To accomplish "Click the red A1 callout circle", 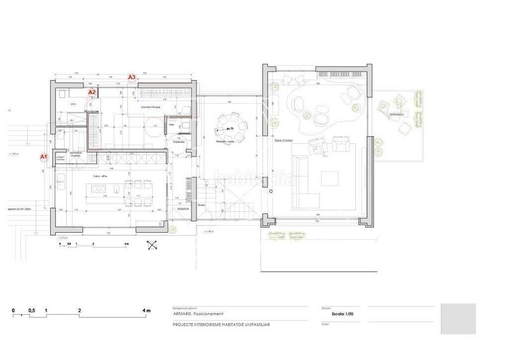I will pos(44,156).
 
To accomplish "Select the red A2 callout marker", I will pos(92,92).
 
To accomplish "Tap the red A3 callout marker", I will pos(132,77).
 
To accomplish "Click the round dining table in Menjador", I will pos(229,127).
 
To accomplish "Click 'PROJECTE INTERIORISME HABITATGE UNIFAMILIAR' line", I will pos(221,324).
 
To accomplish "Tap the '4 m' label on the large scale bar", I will pos(147,310).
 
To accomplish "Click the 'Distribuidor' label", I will pos(179,142).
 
